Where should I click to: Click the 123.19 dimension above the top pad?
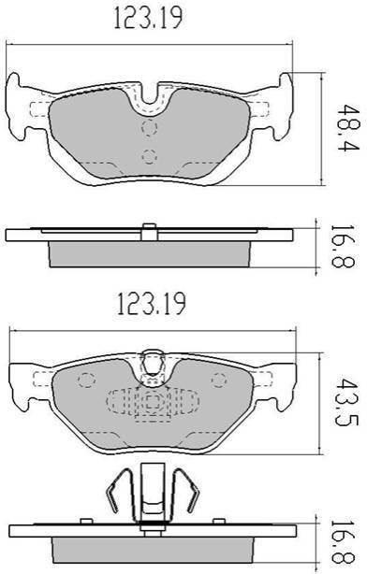coord(148,18)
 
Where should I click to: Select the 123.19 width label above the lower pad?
coord(151,304)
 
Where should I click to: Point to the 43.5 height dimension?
coord(346,402)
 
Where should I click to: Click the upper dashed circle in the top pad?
coord(150,128)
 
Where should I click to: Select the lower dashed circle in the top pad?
coord(150,157)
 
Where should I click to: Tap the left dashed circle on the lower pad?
coord(86,380)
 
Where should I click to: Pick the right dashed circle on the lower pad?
coord(219,380)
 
